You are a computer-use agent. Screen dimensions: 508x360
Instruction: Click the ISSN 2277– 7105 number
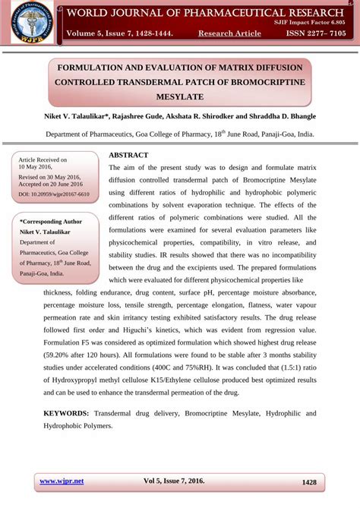pos(315,34)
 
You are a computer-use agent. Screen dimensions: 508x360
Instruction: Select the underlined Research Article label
pos(229,34)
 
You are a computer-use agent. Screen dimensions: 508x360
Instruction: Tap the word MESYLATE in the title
pos(179,97)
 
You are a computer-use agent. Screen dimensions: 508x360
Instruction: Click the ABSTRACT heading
pos(128,155)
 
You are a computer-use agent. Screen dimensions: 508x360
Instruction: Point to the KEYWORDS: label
pos(66,413)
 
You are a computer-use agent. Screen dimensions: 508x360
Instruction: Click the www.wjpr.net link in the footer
pos(62,481)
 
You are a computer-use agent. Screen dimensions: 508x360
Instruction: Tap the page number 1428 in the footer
pos(309,482)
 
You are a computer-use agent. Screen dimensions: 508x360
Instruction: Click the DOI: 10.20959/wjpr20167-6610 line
pos(53,194)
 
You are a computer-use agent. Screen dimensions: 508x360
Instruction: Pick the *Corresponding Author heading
pos(50,221)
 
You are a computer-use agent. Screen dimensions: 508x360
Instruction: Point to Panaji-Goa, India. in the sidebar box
pos(42,273)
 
